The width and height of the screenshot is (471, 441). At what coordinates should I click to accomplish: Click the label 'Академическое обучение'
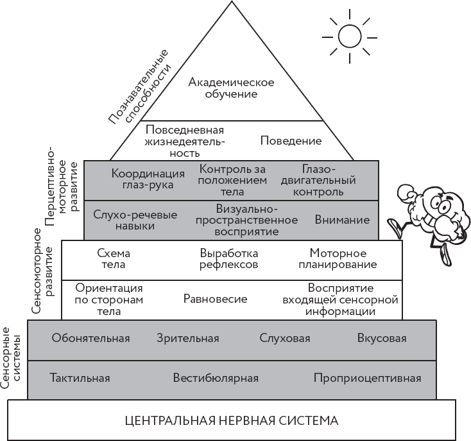point(231,88)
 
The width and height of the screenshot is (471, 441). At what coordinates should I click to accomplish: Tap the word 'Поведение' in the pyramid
point(291,141)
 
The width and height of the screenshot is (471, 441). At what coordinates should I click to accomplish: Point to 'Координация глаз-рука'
point(148,179)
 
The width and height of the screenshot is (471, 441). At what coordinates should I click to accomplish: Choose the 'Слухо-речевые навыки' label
point(135,220)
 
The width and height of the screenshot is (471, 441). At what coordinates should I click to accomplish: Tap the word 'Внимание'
point(342,220)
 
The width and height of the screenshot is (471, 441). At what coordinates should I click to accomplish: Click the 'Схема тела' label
point(113,258)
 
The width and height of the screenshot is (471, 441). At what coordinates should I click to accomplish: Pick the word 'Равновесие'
point(215,299)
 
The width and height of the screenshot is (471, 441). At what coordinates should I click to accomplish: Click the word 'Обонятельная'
point(91,338)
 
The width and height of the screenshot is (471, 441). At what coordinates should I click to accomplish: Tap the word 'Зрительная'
point(187,338)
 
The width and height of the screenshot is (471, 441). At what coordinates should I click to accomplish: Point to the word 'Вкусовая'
point(381,338)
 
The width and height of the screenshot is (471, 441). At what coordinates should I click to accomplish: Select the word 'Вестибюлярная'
point(216,377)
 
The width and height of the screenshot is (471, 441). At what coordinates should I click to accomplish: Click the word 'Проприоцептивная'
point(367,377)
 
